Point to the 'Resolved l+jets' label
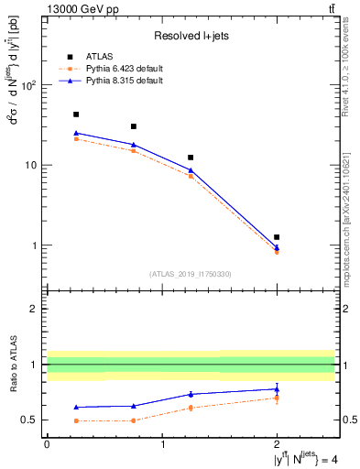coord(191,36)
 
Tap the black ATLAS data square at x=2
coord(277,237)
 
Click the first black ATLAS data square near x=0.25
coord(75,115)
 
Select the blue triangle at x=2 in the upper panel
coord(277,247)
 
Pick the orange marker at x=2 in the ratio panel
coord(277,398)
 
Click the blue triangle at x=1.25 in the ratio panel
coord(191,394)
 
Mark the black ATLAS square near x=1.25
coord(191,158)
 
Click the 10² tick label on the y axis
coord(28,85)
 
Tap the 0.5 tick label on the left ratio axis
coord(30,420)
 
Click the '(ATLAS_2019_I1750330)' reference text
coord(191,274)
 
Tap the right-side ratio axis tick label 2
coord(343,309)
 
